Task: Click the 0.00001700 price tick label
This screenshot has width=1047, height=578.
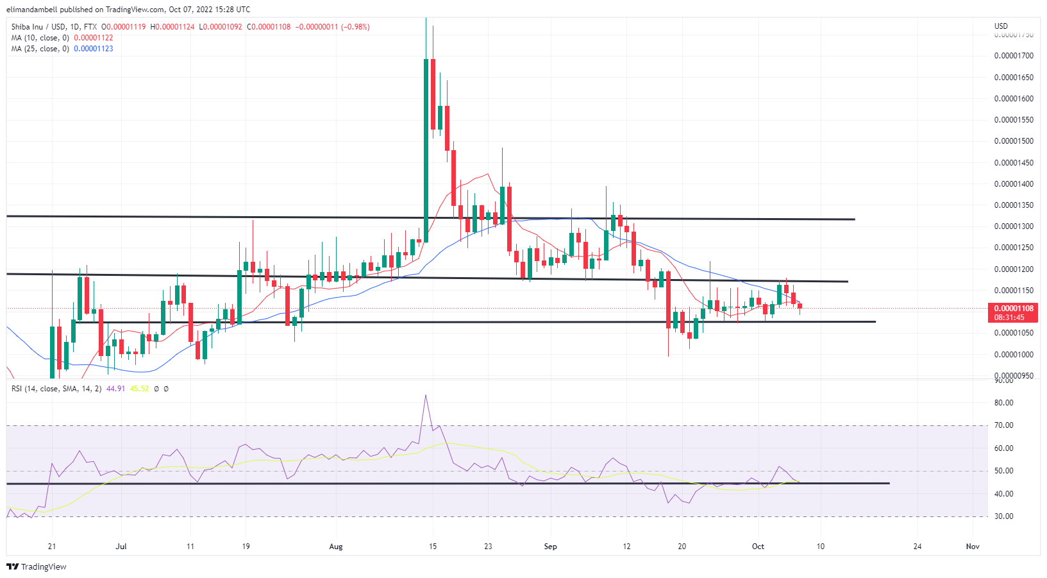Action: pos(1014,56)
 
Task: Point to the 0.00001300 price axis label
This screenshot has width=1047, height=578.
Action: pos(1014,226)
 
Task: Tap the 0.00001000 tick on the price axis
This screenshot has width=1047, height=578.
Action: pos(1014,355)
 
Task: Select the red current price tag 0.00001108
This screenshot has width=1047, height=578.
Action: pos(1014,309)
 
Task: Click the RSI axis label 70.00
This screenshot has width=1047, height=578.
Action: pos(1004,425)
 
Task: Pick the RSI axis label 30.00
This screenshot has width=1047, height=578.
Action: pos(1004,516)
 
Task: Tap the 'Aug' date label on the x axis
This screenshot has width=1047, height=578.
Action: pos(336,547)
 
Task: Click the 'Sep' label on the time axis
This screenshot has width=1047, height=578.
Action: pos(550,547)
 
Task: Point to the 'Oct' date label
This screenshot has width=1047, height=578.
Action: pos(758,547)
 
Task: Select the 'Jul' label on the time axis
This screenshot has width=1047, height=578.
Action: pos(121,547)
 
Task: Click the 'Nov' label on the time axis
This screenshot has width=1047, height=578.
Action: pos(973,547)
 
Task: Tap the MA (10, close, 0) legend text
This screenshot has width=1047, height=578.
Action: pos(40,38)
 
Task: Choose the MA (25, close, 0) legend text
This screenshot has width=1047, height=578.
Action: pos(40,49)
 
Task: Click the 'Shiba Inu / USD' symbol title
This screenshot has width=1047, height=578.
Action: pos(38,27)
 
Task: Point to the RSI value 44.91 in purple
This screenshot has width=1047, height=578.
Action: pos(115,389)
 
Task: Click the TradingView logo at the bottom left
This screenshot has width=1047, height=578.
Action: pos(37,567)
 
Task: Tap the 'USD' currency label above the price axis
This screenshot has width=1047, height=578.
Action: pos(1001,26)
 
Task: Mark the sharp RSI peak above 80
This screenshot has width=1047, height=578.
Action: pos(426,395)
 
